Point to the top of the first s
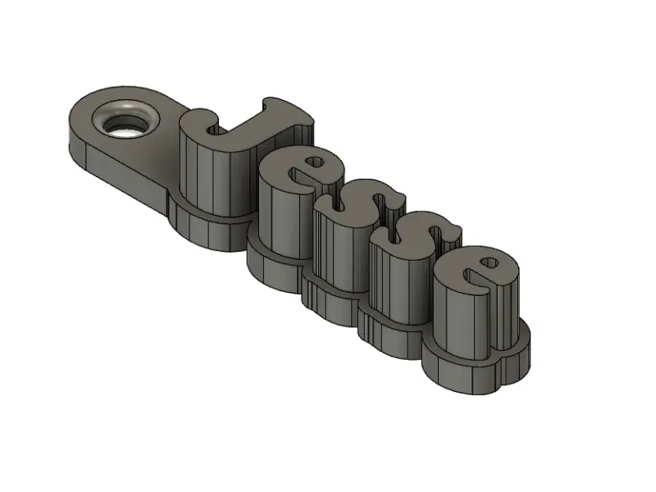click(x=360, y=209)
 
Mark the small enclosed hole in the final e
click(x=490, y=263)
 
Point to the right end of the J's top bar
click(x=307, y=119)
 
